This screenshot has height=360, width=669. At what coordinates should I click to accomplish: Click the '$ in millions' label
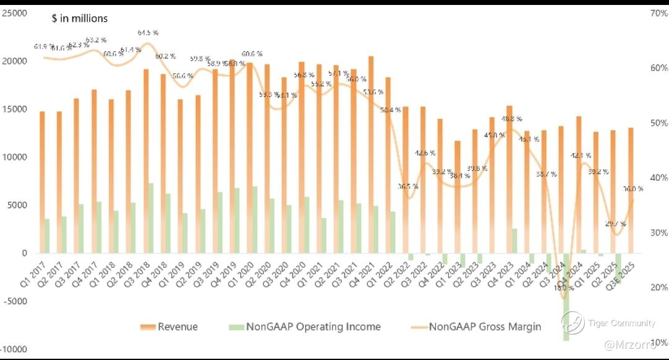tap(79, 19)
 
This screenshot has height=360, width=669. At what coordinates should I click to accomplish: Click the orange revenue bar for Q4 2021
tap(370, 155)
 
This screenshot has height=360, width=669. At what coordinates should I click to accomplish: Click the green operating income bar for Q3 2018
tap(151, 217)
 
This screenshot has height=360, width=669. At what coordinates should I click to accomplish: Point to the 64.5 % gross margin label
tap(147, 32)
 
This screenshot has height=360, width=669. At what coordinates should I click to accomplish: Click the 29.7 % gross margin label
tap(615, 224)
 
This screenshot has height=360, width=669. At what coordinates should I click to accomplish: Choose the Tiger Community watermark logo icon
tap(573, 322)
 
